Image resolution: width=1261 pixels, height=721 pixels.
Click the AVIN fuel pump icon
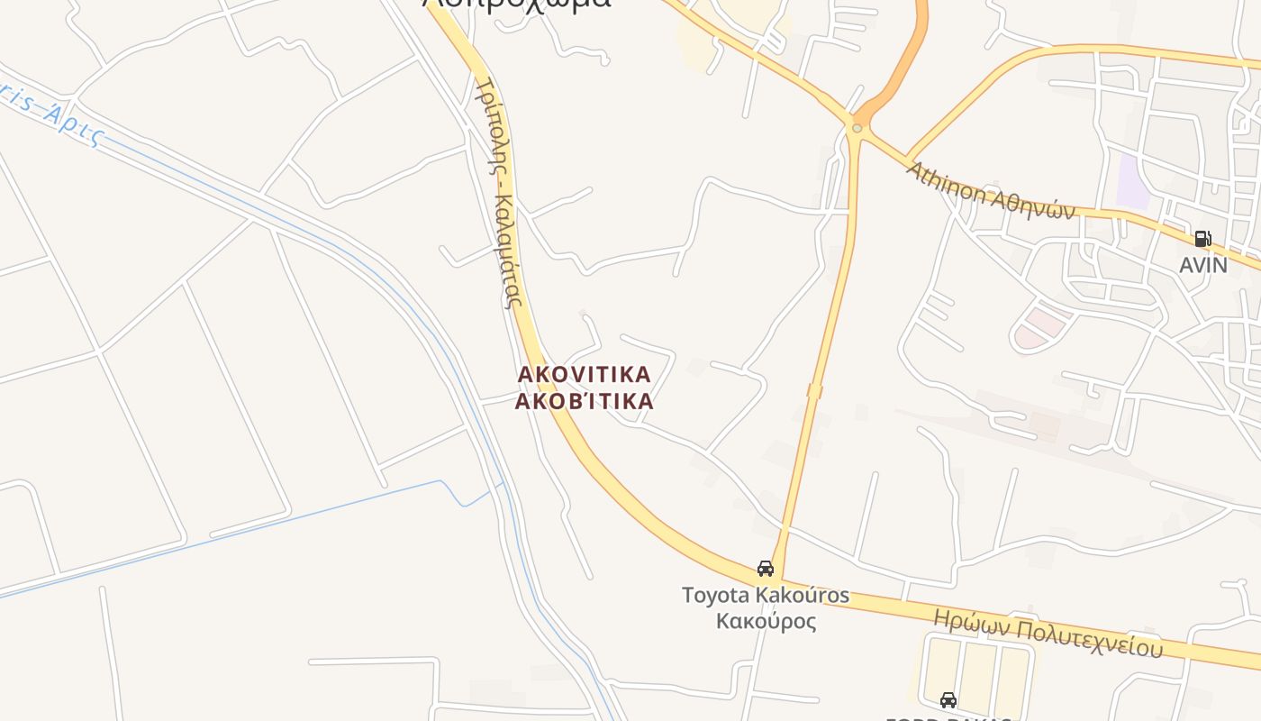(1202, 239)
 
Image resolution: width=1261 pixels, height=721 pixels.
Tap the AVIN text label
(1203, 265)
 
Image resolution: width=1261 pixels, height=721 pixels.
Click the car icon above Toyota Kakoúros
(766, 569)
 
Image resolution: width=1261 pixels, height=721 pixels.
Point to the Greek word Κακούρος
(766, 621)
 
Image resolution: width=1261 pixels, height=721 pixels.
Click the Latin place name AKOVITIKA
(584, 374)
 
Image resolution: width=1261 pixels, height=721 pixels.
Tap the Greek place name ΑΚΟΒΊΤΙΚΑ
(584, 401)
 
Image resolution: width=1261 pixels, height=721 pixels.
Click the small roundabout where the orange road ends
(857, 129)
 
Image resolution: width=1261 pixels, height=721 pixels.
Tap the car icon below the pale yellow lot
(948, 700)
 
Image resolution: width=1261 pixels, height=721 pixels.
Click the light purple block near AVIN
(1132, 181)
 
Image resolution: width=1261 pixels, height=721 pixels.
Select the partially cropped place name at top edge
(517, 5)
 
